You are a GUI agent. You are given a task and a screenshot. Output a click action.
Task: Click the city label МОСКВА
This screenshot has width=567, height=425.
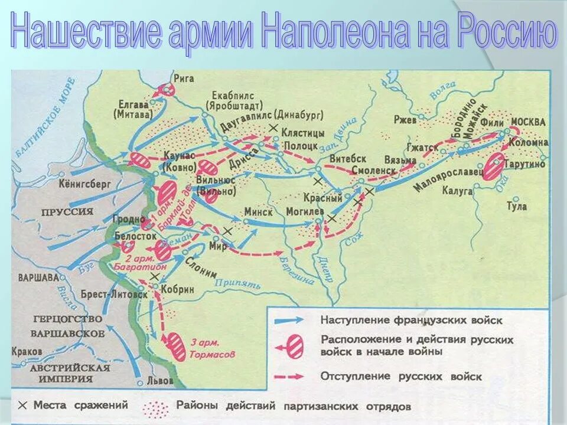[528, 122]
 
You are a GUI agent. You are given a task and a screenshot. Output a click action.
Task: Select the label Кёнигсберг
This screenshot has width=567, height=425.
[85, 184]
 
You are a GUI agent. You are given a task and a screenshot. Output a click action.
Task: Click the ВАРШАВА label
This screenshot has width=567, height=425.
[38, 276]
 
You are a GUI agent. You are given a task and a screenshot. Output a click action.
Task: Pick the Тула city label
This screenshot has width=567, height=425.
[517, 206]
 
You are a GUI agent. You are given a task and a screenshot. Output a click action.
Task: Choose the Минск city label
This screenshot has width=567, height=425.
[258, 212]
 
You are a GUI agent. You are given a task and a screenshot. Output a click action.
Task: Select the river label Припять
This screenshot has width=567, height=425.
[237, 283]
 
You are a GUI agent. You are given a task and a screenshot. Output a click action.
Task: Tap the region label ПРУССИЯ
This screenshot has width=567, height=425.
[67, 211]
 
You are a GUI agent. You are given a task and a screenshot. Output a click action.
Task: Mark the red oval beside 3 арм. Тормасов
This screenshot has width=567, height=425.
[176, 346]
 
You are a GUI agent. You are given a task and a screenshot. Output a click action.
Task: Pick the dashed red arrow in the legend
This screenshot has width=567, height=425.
[289, 376]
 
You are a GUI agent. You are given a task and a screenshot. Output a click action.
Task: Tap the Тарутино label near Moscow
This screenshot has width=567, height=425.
[526, 164]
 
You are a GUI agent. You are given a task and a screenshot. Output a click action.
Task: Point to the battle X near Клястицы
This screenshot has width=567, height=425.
[272, 128]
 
